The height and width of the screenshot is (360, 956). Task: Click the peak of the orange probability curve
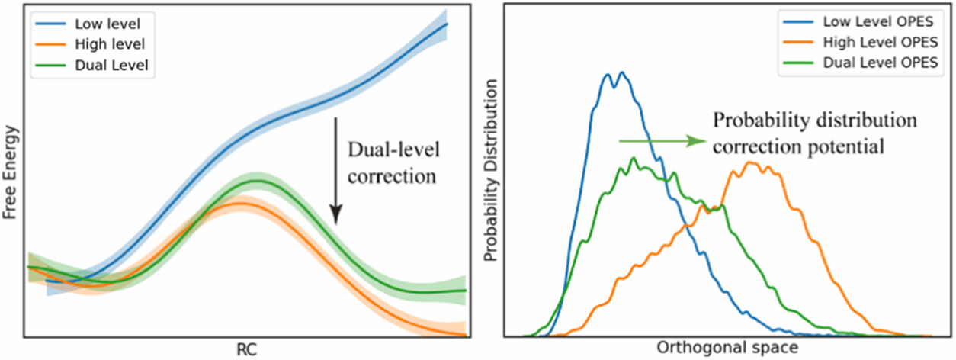(x=752, y=162)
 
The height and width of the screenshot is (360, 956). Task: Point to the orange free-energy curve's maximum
(x=239, y=204)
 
